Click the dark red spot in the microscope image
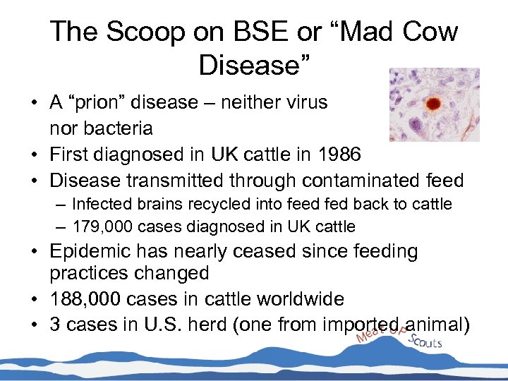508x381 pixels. [433, 104]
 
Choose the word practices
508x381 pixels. [95, 274]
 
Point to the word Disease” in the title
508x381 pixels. [254, 65]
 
